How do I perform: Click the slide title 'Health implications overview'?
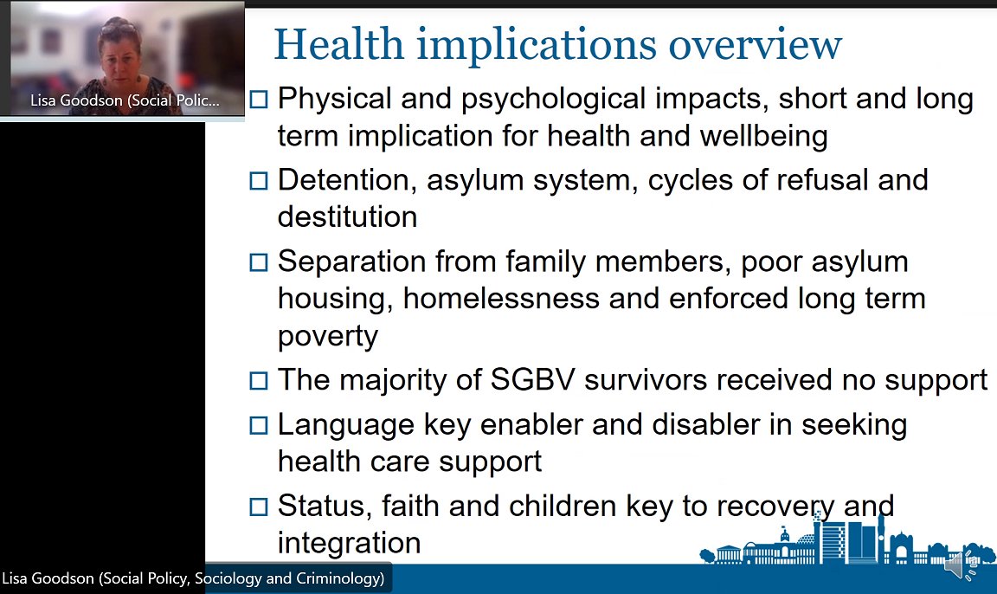[x=557, y=45]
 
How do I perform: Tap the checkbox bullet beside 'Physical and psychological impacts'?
[x=259, y=100]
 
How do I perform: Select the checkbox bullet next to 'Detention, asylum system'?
[x=259, y=180]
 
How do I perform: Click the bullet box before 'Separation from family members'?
[x=259, y=262]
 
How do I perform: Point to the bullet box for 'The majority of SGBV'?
[x=259, y=380]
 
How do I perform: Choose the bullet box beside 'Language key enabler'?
[x=259, y=425]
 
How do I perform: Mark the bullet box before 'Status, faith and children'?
[x=259, y=507]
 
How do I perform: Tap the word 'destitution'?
[x=347, y=216]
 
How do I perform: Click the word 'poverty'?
[x=328, y=337]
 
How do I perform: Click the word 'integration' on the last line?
[x=349, y=543]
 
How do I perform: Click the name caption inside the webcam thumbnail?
[x=125, y=101]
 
